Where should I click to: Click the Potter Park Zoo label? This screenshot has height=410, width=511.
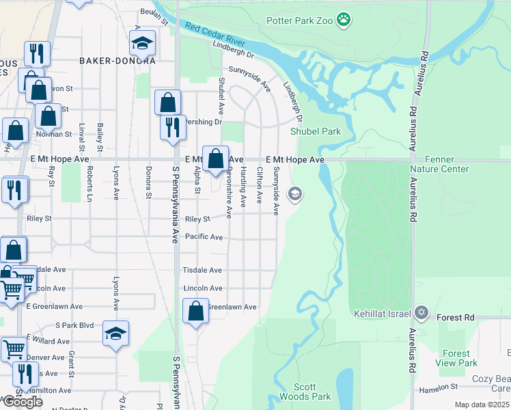(x=299, y=21)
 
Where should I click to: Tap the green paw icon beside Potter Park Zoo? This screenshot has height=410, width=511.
(x=344, y=20)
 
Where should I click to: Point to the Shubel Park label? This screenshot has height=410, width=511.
(x=315, y=131)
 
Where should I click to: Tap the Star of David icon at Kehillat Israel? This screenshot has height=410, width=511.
(x=422, y=313)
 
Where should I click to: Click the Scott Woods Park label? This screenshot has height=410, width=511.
(x=312, y=392)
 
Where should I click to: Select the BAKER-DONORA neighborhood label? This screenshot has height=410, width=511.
(x=118, y=61)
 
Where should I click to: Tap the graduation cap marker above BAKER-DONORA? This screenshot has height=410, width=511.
(x=142, y=44)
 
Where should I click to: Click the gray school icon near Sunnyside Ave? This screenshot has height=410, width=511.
(x=296, y=194)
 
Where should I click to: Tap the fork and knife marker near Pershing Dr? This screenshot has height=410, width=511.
(x=174, y=126)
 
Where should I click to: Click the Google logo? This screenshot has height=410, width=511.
(x=23, y=402)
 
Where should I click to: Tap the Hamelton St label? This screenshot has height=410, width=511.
(x=439, y=387)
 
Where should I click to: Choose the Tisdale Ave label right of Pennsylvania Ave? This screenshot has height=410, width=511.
(x=202, y=271)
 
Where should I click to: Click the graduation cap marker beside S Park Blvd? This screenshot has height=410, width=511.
(x=116, y=333)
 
